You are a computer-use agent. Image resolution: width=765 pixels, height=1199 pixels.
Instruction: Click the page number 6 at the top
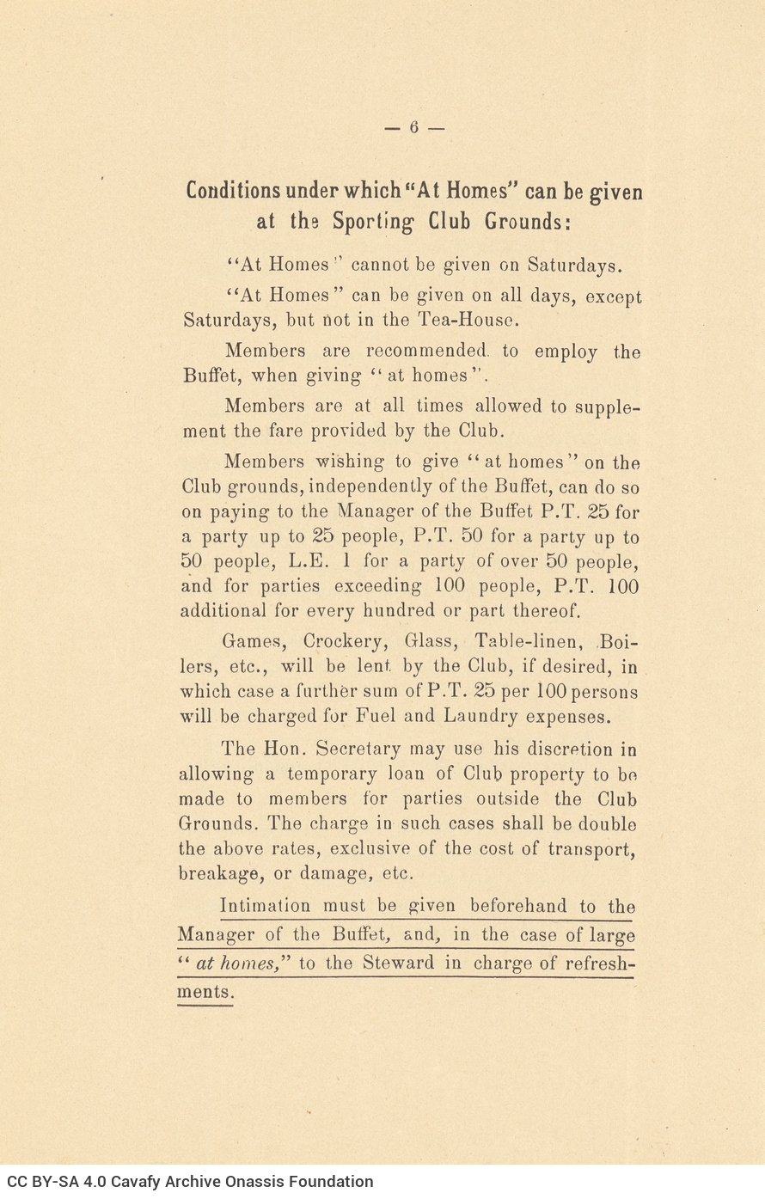click(x=413, y=127)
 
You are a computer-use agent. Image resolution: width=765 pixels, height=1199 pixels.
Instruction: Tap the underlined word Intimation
click(x=265, y=905)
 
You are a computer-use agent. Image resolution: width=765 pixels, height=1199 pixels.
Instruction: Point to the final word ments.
click(x=205, y=992)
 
